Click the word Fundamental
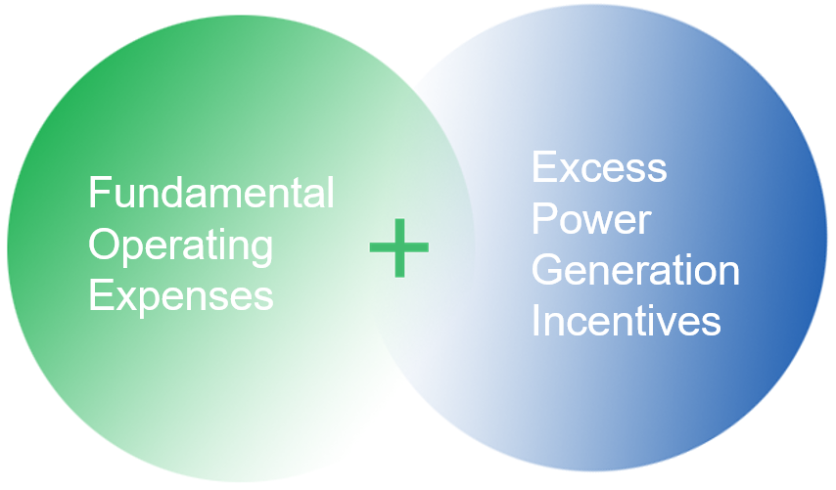[x=211, y=193]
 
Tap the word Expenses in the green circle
[x=180, y=294]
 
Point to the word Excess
[x=599, y=168]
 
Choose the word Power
[x=591, y=219]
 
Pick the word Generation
[x=635, y=270]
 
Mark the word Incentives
[x=626, y=321]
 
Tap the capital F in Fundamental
[x=98, y=193]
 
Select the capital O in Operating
[x=104, y=244]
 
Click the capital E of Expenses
[x=98, y=294]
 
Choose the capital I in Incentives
[x=536, y=321]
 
